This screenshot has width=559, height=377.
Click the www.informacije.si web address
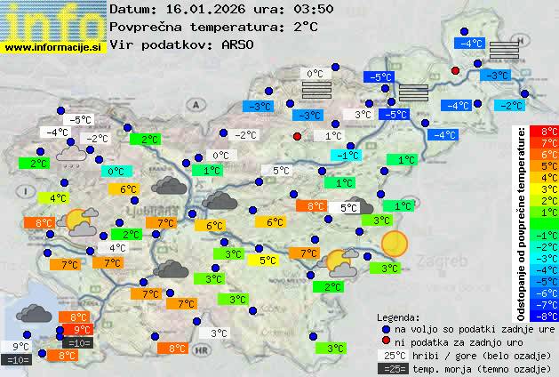(x=53, y=47)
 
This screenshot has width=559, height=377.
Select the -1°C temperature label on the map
(x=347, y=155)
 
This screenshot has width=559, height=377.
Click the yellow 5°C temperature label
(x=266, y=261)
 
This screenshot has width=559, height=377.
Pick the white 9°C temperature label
(x=20, y=347)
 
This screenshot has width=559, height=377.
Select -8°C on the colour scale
(x=543, y=315)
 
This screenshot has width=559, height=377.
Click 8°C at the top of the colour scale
(x=543, y=132)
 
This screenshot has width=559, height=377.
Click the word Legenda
(x=398, y=317)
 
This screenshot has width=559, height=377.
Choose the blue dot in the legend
(x=385, y=328)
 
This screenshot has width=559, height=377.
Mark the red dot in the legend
(x=385, y=342)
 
